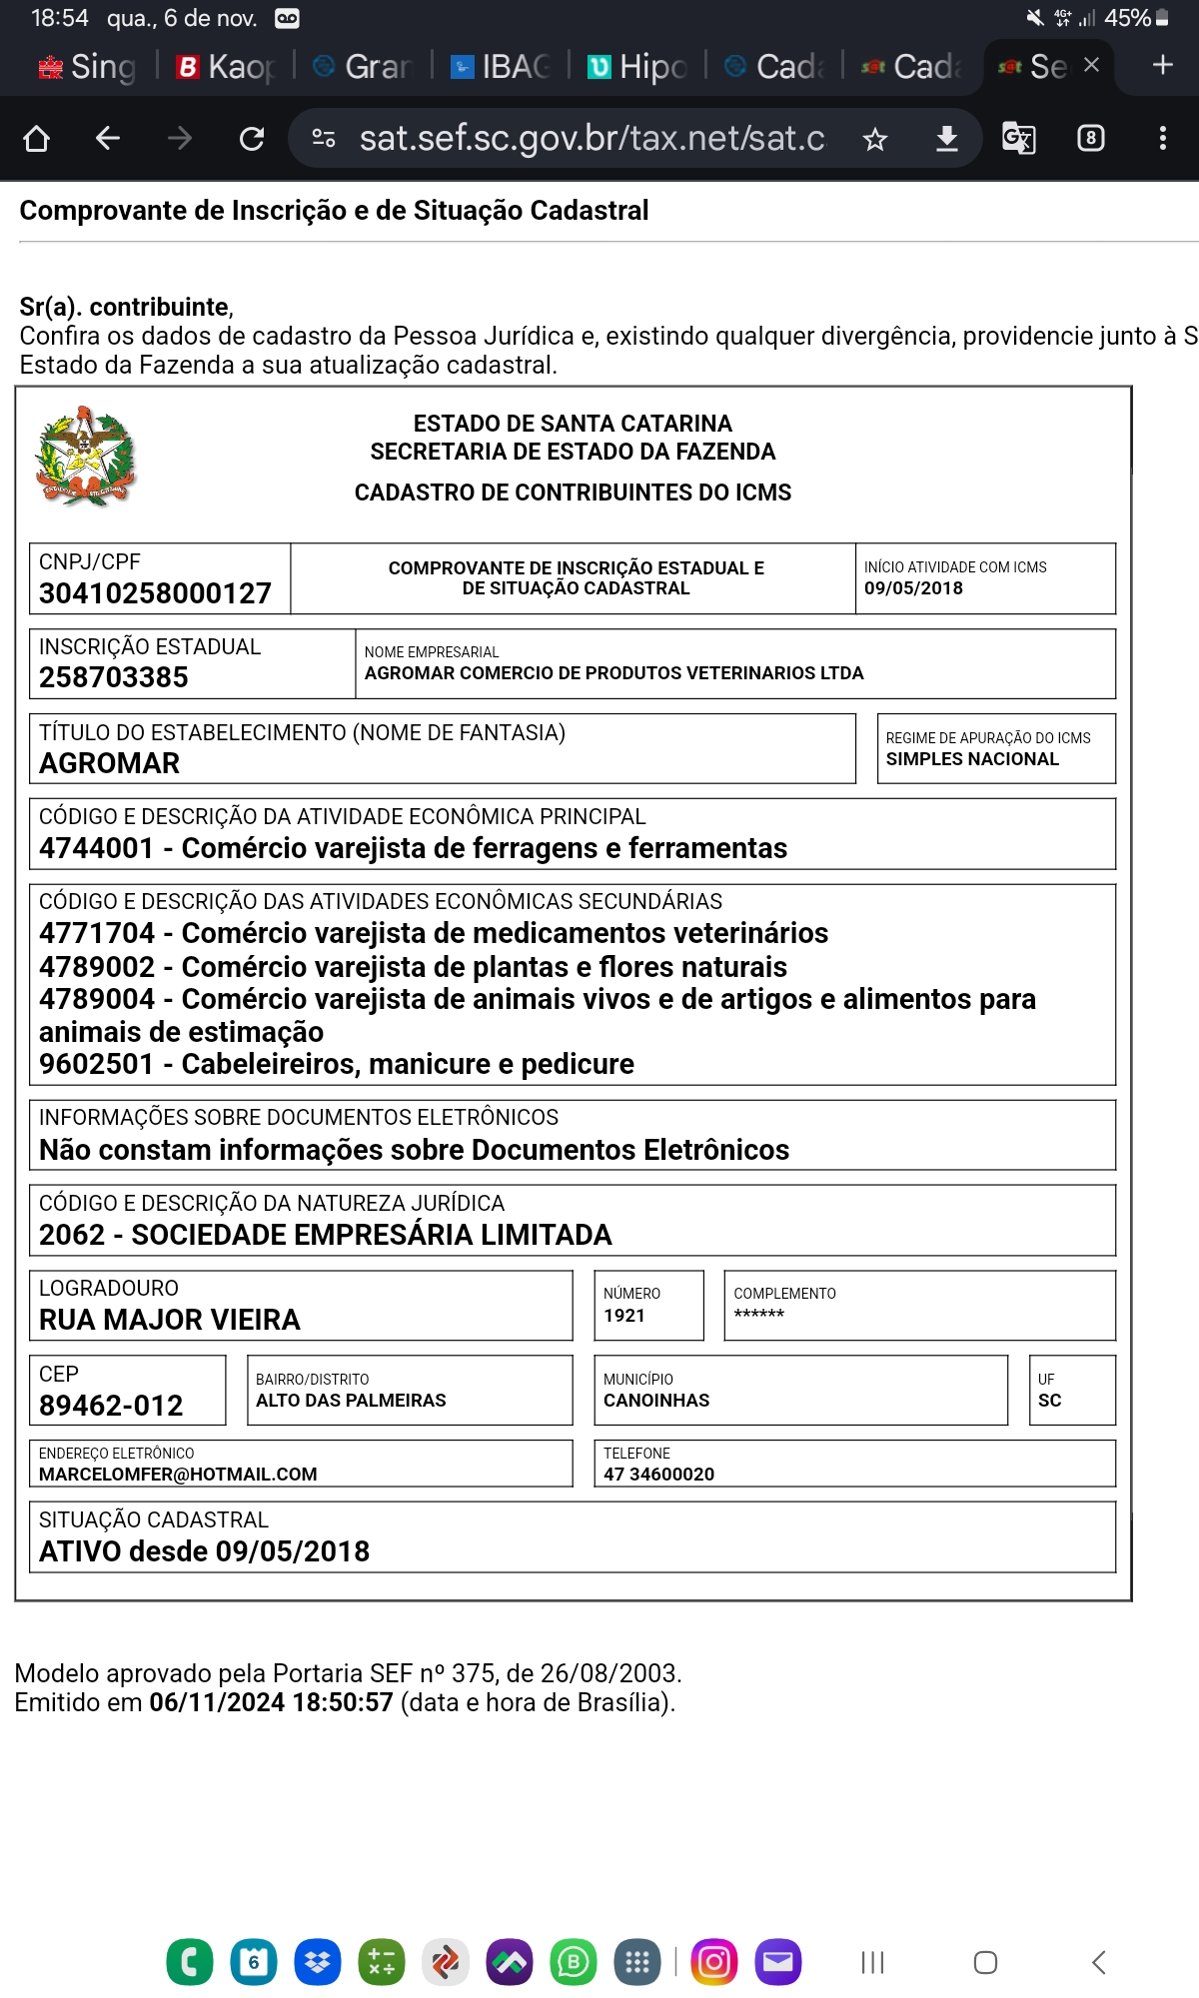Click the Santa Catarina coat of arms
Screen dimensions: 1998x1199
[x=85, y=457]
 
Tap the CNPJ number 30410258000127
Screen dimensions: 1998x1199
[x=155, y=593]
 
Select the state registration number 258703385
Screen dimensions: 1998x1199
[x=114, y=677]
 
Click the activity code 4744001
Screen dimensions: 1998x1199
[x=96, y=848]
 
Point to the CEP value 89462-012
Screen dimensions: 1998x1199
[x=111, y=1406]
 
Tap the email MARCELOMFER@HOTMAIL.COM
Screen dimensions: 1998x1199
[x=178, y=1474]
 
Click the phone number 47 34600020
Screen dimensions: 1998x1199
[x=658, y=1474]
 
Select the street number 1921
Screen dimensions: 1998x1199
[x=624, y=1316]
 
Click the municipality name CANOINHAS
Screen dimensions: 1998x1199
[x=656, y=1401]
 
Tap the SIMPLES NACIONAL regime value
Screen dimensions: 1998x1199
[x=972, y=759]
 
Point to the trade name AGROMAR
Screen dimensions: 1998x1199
[x=110, y=763]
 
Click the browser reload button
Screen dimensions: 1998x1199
[x=252, y=138]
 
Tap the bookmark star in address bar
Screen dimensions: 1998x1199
[x=875, y=139]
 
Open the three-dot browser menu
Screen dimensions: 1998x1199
[x=1162, y=138]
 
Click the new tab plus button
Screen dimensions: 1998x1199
[x=1162, y=66]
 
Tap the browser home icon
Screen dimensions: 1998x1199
[x=37, y=138]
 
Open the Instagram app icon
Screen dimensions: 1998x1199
[x=714, y=1962]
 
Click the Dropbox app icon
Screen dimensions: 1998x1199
[x=318, y=1962]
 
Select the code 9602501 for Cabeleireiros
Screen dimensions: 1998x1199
[x=96, y=1064]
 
